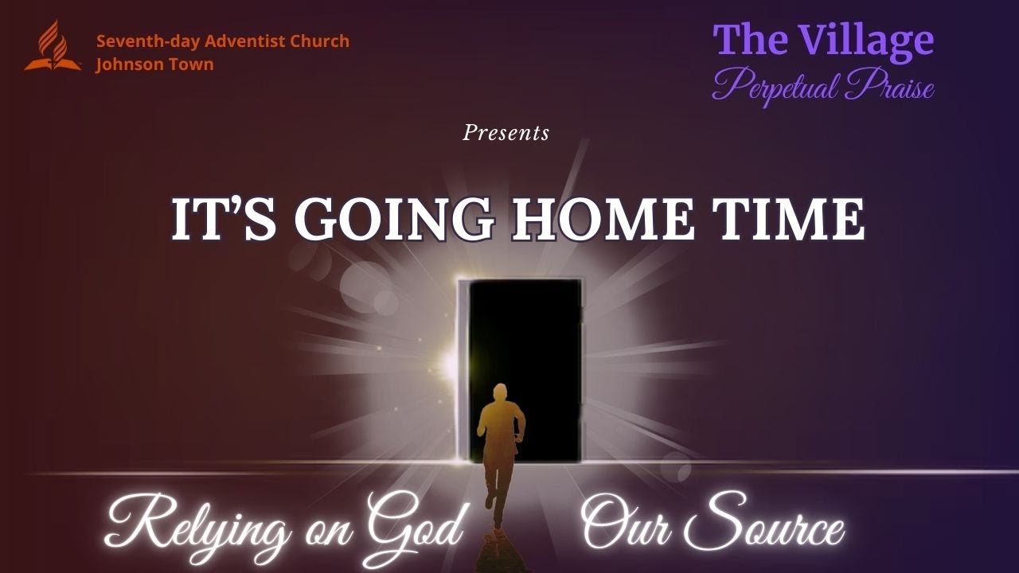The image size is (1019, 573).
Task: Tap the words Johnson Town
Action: [154, 64]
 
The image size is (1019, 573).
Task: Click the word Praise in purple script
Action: [889, 85]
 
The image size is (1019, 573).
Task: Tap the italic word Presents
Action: [506, 133]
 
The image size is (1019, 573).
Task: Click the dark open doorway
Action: [525, 342]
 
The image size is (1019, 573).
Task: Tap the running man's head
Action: [499, 392]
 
